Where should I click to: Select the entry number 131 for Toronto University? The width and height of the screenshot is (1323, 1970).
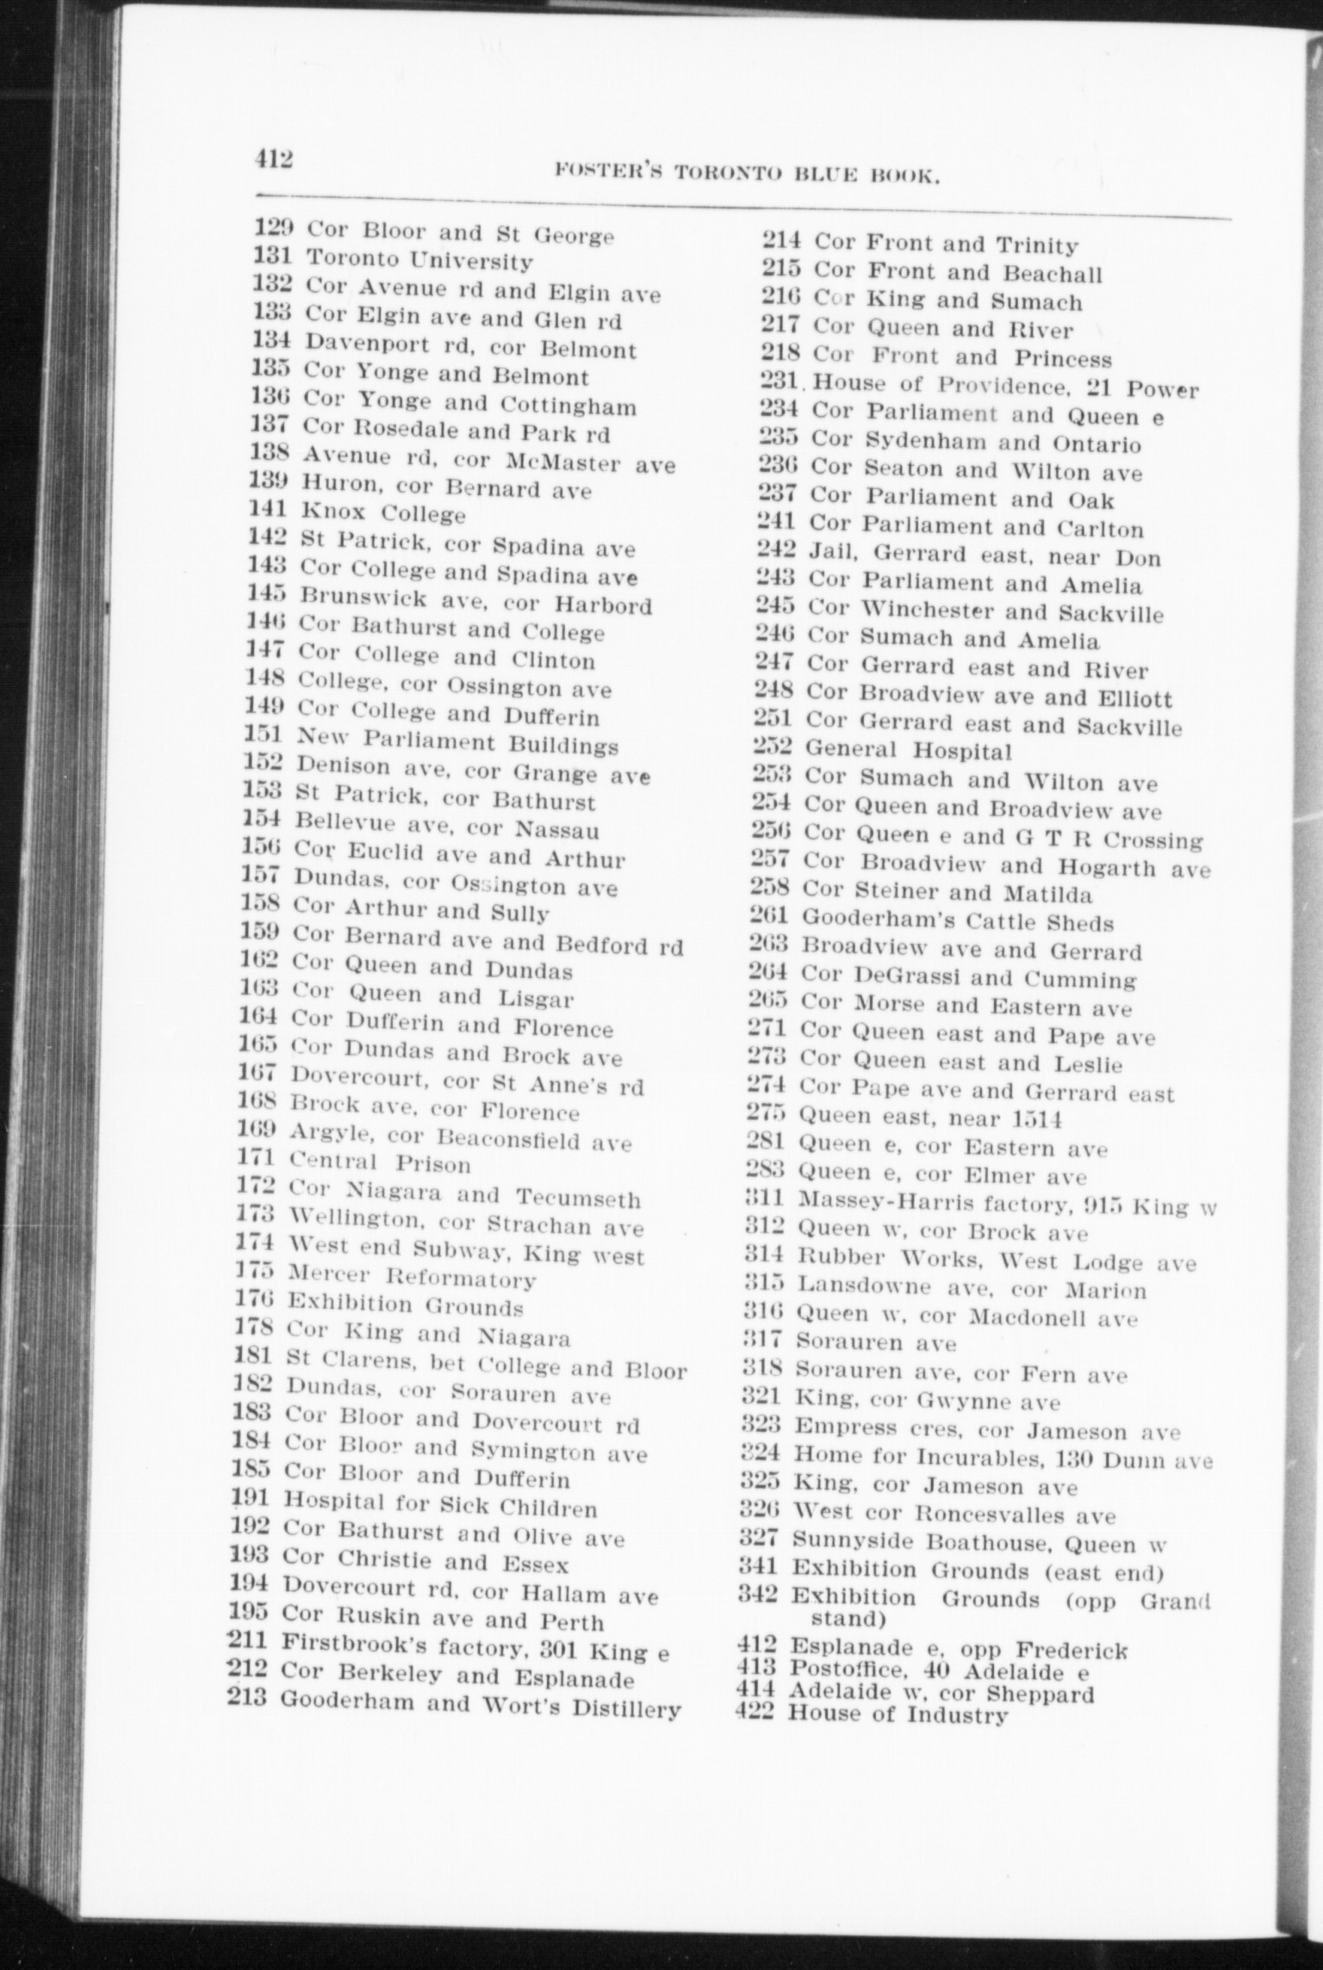click(275, 256)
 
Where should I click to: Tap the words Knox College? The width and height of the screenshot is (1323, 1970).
click(382, 513)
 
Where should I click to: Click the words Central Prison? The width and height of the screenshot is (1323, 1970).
click(380, 1163)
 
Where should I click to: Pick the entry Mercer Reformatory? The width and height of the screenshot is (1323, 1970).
click(411, 1277)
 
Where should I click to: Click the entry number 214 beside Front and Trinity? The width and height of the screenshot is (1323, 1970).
click(781, 242)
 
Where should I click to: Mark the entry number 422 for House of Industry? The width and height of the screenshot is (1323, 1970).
click(757, 1713)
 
